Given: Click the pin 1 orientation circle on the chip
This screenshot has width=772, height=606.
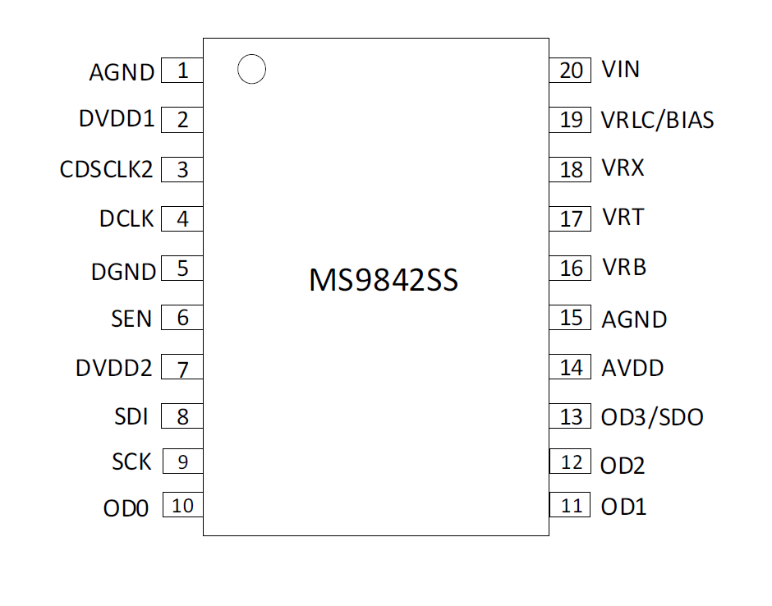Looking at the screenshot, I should (251, 70).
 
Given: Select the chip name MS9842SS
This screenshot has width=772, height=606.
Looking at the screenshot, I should (383, 280).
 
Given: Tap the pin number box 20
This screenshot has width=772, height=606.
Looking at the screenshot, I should (571, 71).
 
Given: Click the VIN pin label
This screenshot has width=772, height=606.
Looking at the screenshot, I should (620, 69).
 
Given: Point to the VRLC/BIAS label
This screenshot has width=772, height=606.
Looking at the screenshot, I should (657, 121).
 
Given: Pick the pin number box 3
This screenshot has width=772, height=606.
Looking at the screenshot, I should (182, 170).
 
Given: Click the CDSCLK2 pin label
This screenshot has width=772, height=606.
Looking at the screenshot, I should (107, 170).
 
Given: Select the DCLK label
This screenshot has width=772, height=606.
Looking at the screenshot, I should (126, 219).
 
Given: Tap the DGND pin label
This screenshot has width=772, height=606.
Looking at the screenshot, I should (123, 271).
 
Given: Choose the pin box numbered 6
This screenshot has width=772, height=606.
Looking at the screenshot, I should (182, 318).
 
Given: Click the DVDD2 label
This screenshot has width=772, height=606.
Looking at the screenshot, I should (114, 368).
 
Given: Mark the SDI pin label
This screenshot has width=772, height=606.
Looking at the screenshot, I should (131, 417).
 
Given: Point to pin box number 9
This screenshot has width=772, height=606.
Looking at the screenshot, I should (182, 461).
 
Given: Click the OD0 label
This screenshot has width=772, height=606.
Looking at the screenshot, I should (126, 509).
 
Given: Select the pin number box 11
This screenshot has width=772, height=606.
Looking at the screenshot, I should (571, 505).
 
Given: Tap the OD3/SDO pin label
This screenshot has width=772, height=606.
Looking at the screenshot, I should (652, 417).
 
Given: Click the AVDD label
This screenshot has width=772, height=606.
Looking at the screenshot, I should (632, 368).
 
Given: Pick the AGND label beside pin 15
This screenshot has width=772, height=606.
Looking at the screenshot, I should (634, 319).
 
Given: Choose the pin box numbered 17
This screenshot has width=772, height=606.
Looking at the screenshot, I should (571, 219).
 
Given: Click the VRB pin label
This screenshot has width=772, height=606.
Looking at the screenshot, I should (623, 268).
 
